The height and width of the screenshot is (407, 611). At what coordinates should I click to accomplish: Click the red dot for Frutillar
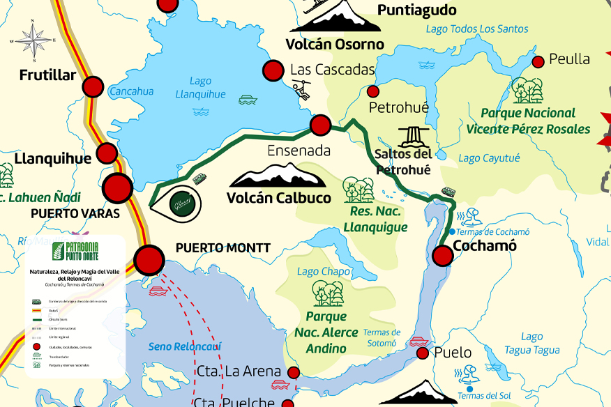[x=93, y=87]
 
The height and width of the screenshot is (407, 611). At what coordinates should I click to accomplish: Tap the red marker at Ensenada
[x=320, y=125]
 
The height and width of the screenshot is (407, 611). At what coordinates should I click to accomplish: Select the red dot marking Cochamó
[x=443, y=256]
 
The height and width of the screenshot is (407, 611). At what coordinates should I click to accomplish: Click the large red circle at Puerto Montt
[x=149, y=259]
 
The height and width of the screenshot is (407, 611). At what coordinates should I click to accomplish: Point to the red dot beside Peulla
[x=538, y=62]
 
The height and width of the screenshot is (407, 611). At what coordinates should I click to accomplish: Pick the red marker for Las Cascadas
[x=273, y=70]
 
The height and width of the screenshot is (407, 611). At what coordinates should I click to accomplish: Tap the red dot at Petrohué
[x=373, y=91]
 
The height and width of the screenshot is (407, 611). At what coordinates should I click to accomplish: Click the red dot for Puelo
[x=422, y=353]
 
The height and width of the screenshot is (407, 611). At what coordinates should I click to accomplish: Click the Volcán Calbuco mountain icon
[x=278, y=175]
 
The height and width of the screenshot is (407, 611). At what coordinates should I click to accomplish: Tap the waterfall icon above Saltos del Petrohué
[x=412, y=137]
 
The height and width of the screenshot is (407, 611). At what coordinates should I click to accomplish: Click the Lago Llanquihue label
[x=200, y=88]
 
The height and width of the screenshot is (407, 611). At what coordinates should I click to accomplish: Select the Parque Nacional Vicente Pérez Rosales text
[x=528, y=121]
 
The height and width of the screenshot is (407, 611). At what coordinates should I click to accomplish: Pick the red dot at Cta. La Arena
[x=294, y=373]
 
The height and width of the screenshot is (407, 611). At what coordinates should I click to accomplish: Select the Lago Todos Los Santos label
[x=477, y=29]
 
